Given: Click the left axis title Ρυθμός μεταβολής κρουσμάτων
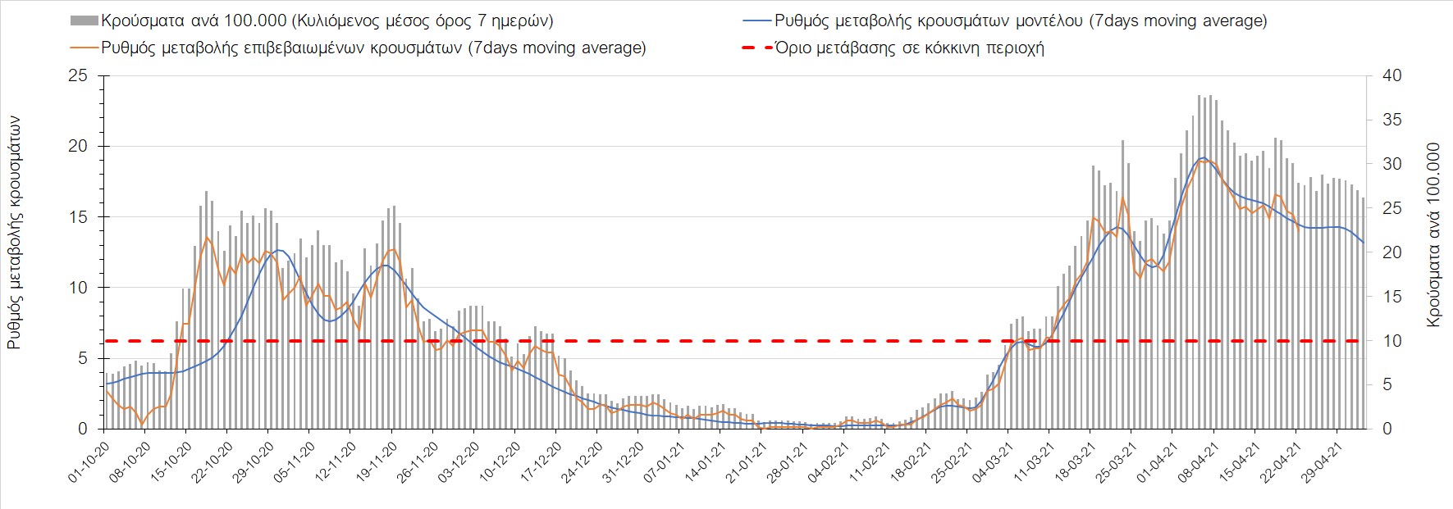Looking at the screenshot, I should (x=15, y=232).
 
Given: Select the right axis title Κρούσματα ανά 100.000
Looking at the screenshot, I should (x=1433, y=235).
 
